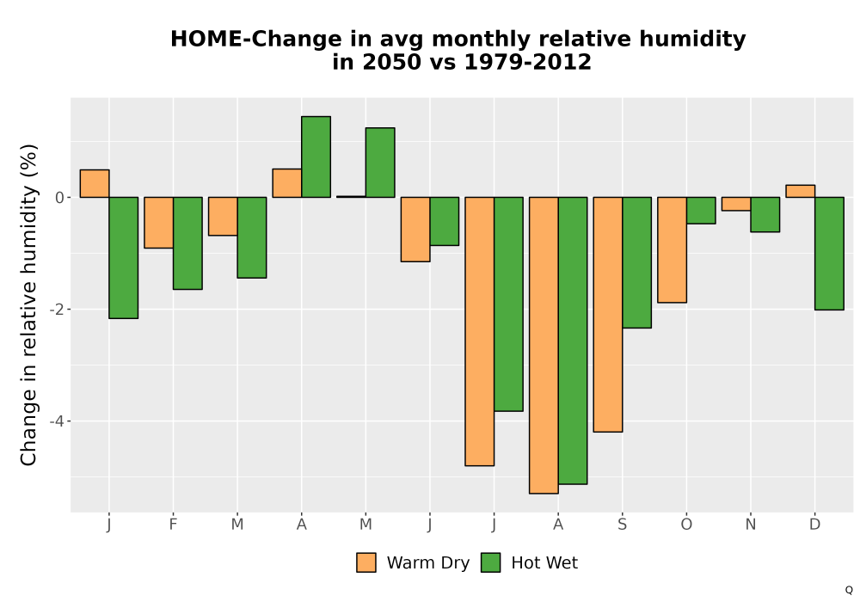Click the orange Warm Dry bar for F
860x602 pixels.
pyautogui.click(x=158, y=223)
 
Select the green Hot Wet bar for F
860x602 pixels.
pyautogui.click(x=187, y=243)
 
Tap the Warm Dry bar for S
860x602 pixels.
pyautogui.click(x=608, y=315)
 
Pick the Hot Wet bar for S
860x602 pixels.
pyautogui.click(x=636, y=262)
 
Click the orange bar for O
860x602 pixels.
pyautogui.click(x=672, y=250)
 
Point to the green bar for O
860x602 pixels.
pyautogui.click(x=701, y=211)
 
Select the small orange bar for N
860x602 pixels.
pyautogui.click(x=736, y=204)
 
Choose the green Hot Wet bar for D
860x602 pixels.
pyautogui.click(x=829, y=254)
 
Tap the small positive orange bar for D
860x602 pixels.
pyautogui.click(x=800, y=191)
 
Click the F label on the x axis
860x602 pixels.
pyautogui.click(x=173, y=525)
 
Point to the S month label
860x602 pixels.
pyautogui.click(x=622, y=525)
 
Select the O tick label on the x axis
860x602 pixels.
pyautogui.click(x=686, y=525)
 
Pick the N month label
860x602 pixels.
pyautogui.click(x=750, y=525)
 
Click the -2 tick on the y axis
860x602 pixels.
pyautogui.click(x=57, y=310)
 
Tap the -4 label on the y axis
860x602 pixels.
pyautogui.click(x=57, y=421)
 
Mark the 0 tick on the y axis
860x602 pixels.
pyautogui.click(x=60, y=198)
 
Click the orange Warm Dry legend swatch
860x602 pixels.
pyautogui.click(x=366, y=562)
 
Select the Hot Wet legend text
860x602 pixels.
pyautogui.click(x=544, y=563)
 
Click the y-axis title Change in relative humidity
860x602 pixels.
pyautogui.click(x=28, y=304)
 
